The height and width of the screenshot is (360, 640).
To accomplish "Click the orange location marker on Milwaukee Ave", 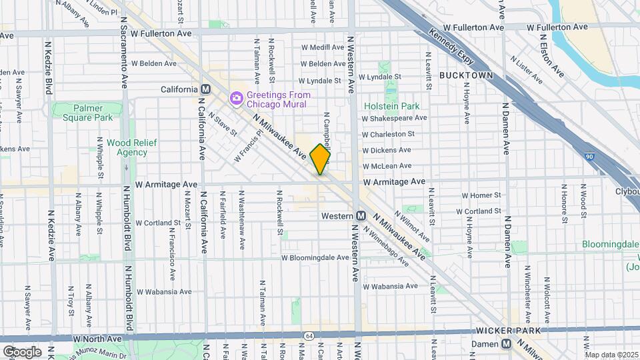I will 321,159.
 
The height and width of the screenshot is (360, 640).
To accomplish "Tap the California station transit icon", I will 206,89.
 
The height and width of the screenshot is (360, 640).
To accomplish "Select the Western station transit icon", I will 361,216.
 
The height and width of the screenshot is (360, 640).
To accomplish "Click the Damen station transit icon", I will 507,344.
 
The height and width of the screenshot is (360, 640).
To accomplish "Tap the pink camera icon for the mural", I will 236,99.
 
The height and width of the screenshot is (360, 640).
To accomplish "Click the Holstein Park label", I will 391,106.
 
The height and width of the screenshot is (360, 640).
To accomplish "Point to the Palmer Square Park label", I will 88,113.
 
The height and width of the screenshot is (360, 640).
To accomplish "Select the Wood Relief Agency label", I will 127,147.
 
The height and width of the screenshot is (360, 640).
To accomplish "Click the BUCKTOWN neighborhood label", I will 466,76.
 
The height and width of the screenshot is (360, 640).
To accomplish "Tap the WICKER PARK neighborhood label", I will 503,330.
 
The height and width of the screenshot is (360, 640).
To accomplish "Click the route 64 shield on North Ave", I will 309,335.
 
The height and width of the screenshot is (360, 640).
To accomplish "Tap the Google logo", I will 22,351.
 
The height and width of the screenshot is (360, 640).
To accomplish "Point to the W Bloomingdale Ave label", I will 315,257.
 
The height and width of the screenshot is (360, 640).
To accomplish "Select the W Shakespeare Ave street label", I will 394,118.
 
